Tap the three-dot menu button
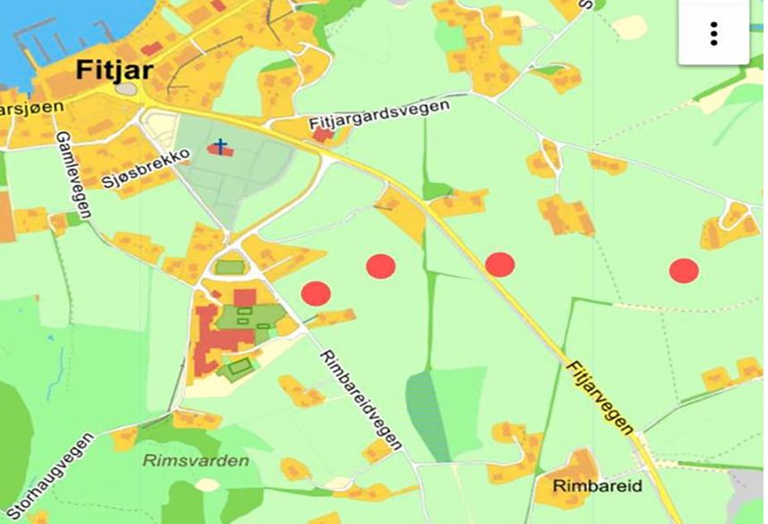pos(713,33)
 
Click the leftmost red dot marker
pos(316,293)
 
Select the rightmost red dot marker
pos(684,270)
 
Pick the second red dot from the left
pos(381,266)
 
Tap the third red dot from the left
pos(500,265)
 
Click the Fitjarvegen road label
pos(599,393)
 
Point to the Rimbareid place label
pos(585,487)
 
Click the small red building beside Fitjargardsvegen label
pos(322,134)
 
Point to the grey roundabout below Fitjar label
pos(127,89)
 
